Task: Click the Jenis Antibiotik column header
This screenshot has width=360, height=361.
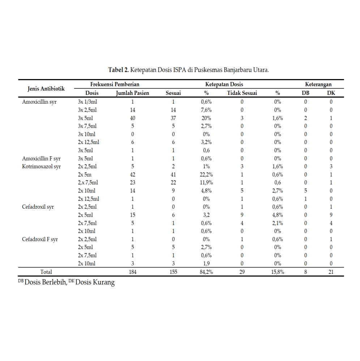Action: point(46,88)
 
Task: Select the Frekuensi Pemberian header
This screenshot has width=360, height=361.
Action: point(115,84)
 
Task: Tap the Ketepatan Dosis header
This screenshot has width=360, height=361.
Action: point(224,84)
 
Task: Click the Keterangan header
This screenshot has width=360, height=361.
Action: point(318,84)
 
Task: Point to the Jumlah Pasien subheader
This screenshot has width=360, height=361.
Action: point(132,93)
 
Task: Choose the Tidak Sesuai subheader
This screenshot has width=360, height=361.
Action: point(242,93)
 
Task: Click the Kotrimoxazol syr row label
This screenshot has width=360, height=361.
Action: point(41,166)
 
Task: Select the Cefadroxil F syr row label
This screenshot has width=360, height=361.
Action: point(40,239)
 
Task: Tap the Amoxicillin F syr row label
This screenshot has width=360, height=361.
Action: point(41,158)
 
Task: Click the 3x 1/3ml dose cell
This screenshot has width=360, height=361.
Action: point(87,102)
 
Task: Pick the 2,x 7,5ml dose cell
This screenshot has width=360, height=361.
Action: point(88,183)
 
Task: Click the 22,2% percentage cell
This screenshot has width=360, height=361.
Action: point(206,175)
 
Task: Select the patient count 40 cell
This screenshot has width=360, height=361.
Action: point(133,118)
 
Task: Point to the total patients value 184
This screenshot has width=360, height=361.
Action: point(133,272)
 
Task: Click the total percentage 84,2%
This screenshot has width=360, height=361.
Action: point(206,272)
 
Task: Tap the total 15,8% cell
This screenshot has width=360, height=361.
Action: point(278,272)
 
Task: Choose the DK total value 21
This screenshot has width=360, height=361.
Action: point(331,272)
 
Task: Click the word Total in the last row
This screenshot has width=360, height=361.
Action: point(46,272)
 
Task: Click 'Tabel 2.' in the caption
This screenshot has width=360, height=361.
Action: point(118,70)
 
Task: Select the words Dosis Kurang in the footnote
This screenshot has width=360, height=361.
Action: point(95,283)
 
